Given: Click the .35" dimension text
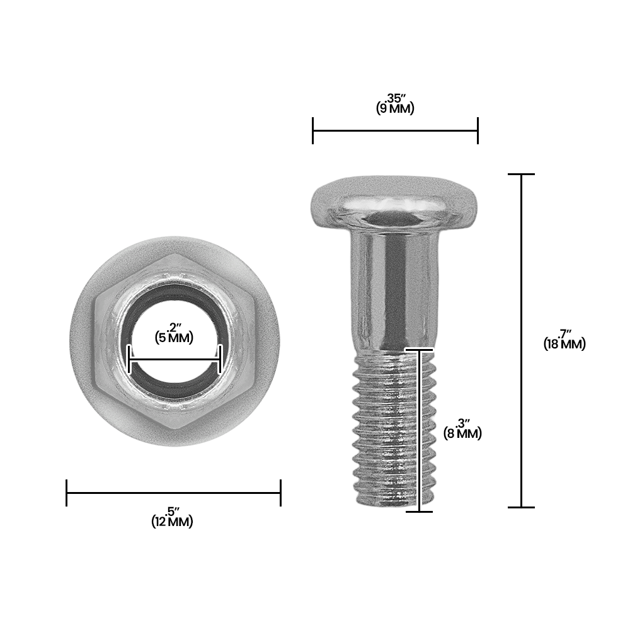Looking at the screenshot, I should pos(396,98).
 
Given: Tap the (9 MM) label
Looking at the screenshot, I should pos(395,108).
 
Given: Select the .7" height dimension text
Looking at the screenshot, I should pos(564,334).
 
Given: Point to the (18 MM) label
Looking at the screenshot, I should pos(564,345).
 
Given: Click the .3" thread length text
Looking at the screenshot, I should pos(463,423).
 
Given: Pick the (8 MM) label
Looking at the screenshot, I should pos(463,433).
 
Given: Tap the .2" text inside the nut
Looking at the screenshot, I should pos(175,327).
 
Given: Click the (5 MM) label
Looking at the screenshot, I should pos(174,338).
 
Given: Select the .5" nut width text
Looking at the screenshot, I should pos(173,511).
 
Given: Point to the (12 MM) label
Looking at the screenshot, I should pos(173,522).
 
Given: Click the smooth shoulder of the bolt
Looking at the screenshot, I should pos(391,290).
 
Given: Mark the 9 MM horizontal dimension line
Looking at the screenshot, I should pos(395,130).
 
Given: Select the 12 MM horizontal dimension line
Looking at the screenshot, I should pos(173,493).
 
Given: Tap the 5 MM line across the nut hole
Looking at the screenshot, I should pos(175,360).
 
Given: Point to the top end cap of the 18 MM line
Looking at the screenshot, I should pos(522,174).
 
